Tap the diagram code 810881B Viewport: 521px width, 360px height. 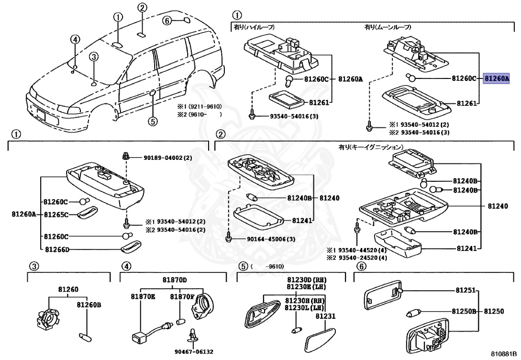pos(504,352)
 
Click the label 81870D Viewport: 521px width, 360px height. pos(175,281)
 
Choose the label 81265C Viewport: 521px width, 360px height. pos(56,215)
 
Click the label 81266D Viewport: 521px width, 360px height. pos(56,250)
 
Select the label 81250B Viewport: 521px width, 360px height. pos(462,311)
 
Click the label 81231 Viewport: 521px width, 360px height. pos(326,316)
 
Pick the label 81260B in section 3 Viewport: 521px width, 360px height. pos(89,305)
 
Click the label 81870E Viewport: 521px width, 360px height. pos(142,296)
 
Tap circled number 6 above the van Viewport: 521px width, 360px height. pos(166,20)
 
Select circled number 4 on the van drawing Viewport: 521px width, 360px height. pos(75,39)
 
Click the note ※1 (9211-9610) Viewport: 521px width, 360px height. pos(199,107)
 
